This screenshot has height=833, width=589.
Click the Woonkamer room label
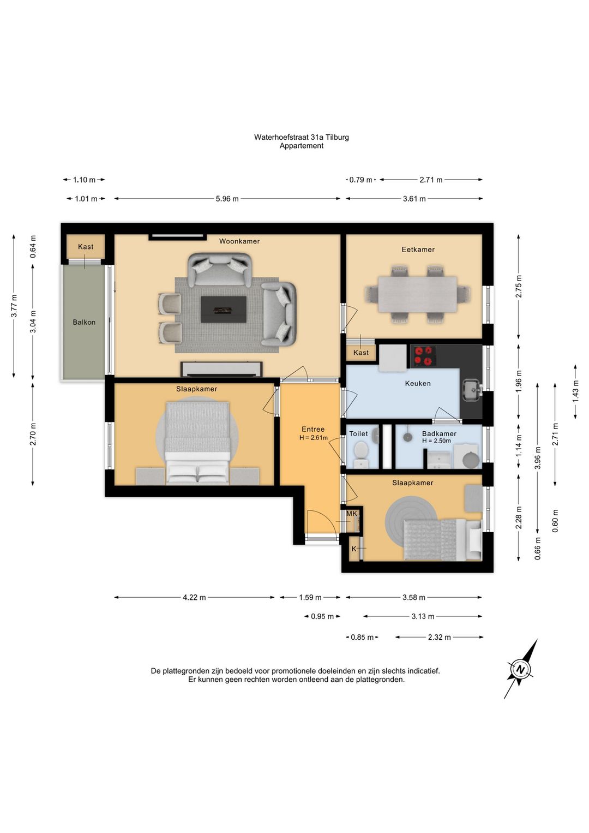pyautogui.click(x=239, y=241)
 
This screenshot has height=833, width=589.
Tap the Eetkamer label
pyautogui.click(x=418, y=249)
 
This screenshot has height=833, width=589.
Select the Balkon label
pyautogui.click(x=84, y=323)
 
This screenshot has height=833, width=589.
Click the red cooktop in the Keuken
pyautogui.click(x=423, y=356)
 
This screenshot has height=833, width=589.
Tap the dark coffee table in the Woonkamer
pyautogui.click(x=224, y=310)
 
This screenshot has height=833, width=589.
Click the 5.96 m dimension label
pyautogui.click(x=227, y=199)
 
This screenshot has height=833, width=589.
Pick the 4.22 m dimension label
pyautogui.click(x=194, y=598)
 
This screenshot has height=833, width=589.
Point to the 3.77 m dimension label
pyautogui.click(x=14, y=306)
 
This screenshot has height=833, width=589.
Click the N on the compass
pyautogui.click(x=521, y=670)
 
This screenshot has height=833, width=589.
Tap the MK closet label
pyautogui.click(x=352, y=514)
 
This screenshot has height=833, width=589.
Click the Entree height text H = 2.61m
pyautogui.click(x=314, y=438)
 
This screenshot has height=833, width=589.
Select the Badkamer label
pyautogui.click(x=439, y=433)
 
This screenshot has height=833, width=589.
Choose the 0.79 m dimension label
pyautogui.click(x=360, y=180)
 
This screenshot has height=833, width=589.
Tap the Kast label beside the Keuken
pyautogui.click(x=361, y=353)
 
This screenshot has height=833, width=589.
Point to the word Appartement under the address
pyautogui.click(x=302, y=146)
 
